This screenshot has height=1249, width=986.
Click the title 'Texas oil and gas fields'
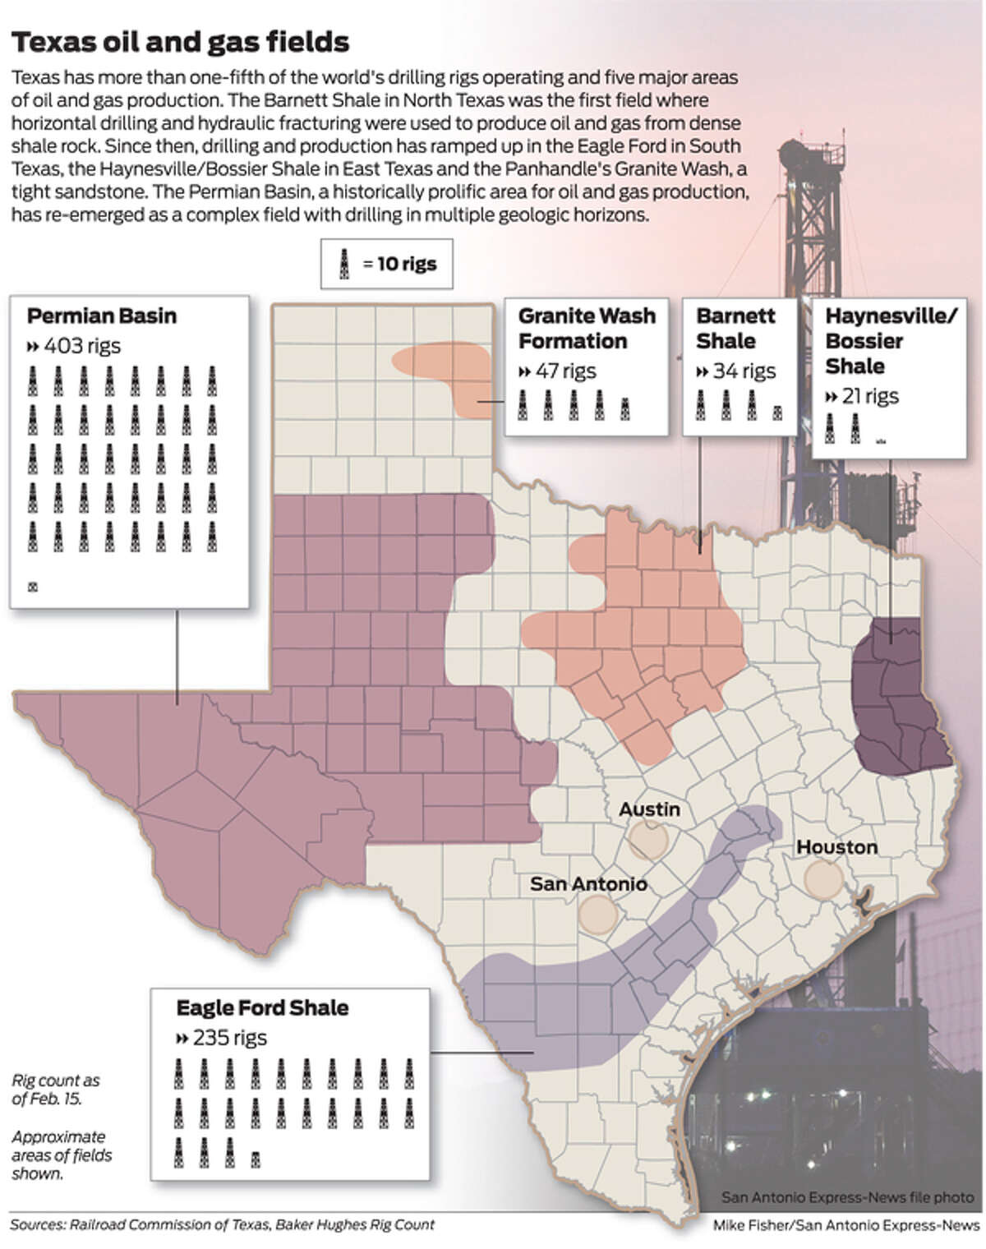coord(180,42)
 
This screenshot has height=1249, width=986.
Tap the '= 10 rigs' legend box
coord(386,265)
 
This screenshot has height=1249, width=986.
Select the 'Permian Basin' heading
coord(101,316)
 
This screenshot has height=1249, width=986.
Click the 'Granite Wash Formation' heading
coord(586,329)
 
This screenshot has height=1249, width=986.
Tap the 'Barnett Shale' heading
coord(735,329)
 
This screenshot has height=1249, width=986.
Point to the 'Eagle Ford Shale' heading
coord(262,1008)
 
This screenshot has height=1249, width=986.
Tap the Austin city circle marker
coord(648,841)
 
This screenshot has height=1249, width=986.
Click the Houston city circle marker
coord(822,878)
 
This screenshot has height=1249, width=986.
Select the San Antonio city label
coord(588,884)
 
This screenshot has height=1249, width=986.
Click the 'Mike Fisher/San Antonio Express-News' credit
coord(845,1226)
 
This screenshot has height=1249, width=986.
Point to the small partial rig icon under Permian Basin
coord(33,588)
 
